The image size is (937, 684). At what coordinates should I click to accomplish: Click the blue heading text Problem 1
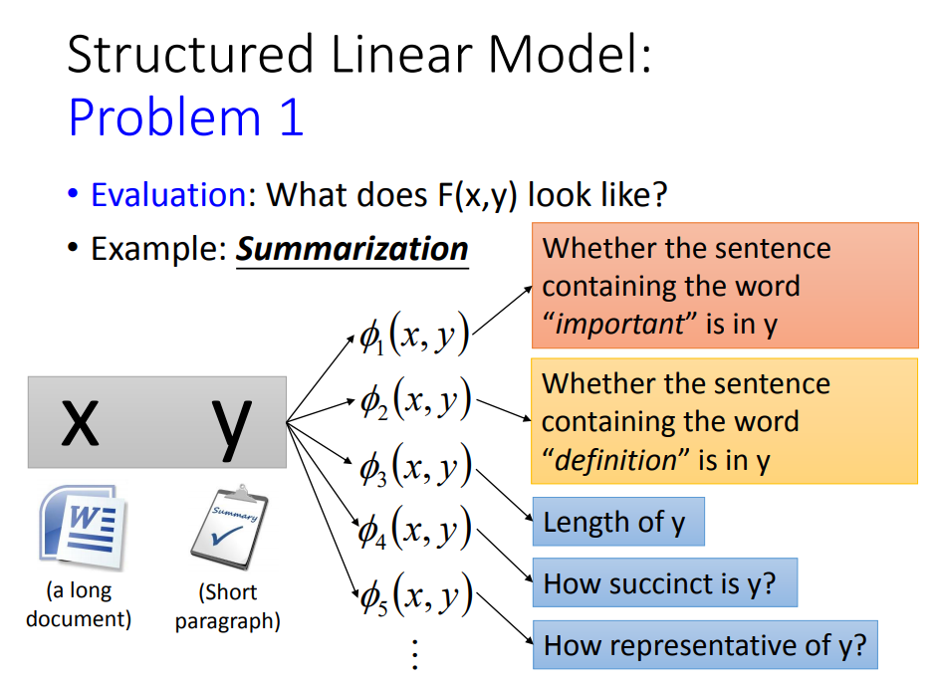pyautogui.click(x=186, y=118)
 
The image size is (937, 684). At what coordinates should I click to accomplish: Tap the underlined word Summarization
pyautogui.click(x=351, y=248)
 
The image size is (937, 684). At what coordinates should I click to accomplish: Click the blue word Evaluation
pyautogui.click(x=168, y=194)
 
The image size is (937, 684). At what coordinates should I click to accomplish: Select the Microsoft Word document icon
pyautogui.click(x=79, y=526)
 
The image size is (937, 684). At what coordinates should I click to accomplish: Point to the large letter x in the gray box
pyautogui.click(x=81, y=421)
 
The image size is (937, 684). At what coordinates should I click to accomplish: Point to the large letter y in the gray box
pyautogui.click(x=232, y=421)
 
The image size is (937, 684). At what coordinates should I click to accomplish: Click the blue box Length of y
pyautogui.click(x=617, y=523)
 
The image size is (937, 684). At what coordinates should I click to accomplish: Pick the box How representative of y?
pyautogui.click(x=705, y=646)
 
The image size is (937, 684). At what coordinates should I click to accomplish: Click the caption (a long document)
pyautogui.click(x=79, y=604)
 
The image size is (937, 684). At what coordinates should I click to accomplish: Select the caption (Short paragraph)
pyautogui.click(x=228, y=606)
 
